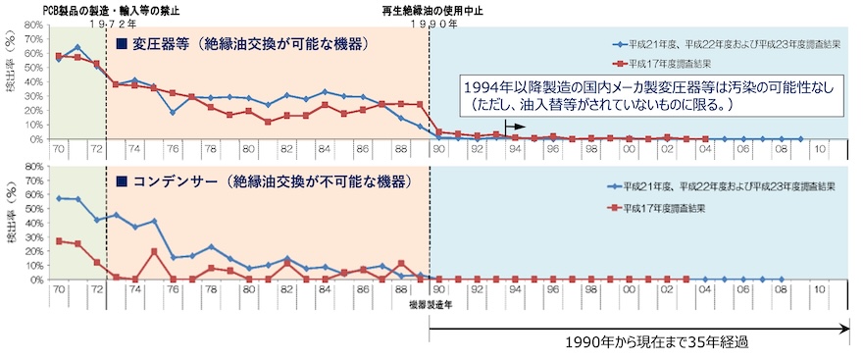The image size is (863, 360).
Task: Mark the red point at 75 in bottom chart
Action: click(x=154, y=251)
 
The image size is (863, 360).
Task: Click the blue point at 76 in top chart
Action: click(x=173, y=112)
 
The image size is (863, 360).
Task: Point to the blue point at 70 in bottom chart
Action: click(x=59, y=198)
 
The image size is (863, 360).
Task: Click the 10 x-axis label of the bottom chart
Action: click(x=820, y=290)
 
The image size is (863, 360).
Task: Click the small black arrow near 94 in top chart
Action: click(x=513, y=127)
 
